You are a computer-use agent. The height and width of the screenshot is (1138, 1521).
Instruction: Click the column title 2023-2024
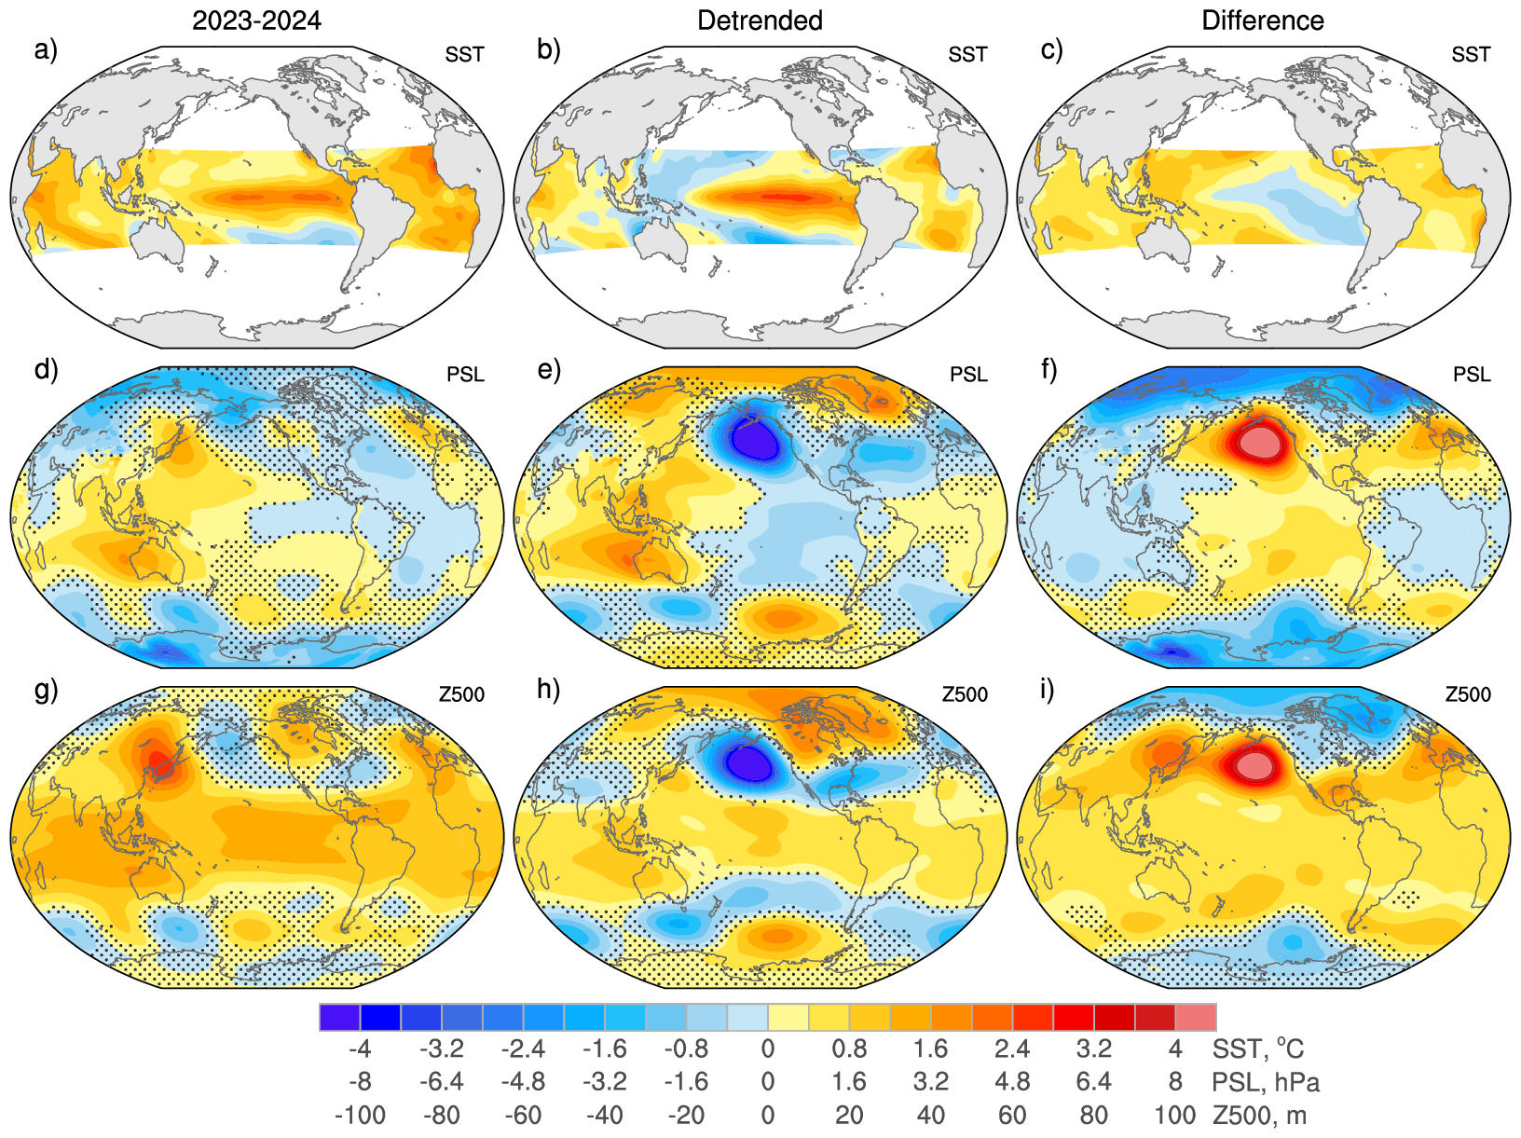[x=256, y=21]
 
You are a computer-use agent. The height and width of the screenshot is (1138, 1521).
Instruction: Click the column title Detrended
[x=760, y=21]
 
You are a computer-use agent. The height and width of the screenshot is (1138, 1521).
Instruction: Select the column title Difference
[x=1262, y=21]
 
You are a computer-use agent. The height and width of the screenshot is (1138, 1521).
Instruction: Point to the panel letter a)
[x=46, y=49]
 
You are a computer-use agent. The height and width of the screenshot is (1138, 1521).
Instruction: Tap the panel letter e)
[x=549, y=369]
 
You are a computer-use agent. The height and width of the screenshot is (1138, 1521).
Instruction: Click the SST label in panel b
[x=967, y=55]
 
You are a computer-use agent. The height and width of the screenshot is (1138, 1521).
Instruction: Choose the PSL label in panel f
[x=1472, y=375]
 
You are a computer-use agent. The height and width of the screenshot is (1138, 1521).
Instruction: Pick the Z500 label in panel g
[x=461, y=694]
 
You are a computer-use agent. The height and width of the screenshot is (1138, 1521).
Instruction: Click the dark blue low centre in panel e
[x=754, y=438]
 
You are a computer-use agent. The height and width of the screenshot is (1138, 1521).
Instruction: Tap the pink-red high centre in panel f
[x=1258, y=438]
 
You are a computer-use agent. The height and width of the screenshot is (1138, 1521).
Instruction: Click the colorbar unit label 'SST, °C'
[x=1257, y=1049]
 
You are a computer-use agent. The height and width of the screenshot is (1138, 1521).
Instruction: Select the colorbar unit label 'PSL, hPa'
[x=1266, y=1082]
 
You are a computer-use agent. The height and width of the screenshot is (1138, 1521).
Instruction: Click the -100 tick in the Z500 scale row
[x=360, y=1115]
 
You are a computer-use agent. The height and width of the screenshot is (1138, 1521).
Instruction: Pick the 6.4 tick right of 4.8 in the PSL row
[x=1093, y=1082]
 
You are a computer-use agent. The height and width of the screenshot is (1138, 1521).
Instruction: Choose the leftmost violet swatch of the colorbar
[x=339, y=1017]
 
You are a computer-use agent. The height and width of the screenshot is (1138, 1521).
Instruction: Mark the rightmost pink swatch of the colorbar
[x=1196, y=1017]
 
